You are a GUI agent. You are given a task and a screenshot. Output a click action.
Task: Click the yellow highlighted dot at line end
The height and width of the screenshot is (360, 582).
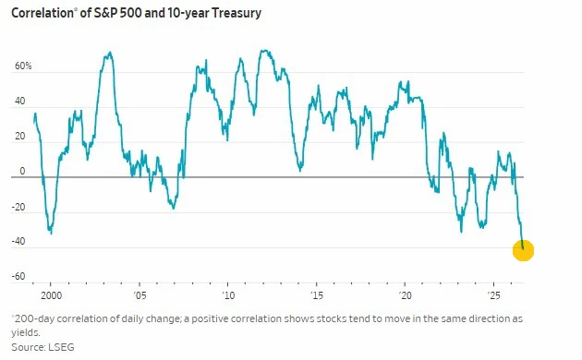[523, 251]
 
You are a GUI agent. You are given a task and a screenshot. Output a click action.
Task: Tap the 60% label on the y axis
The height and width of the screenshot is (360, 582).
[23, 66]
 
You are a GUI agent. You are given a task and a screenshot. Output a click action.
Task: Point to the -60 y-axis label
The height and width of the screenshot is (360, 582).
[18, 276]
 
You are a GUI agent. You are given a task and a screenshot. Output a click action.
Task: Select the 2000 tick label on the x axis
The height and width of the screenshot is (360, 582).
[51, 295]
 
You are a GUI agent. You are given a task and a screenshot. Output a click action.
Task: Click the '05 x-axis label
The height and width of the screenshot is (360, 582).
[139, 295]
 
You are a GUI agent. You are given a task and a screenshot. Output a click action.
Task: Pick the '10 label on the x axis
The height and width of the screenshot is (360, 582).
[228, 295]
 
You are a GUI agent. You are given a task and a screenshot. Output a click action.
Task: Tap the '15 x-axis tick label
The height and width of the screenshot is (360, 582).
[317, 295]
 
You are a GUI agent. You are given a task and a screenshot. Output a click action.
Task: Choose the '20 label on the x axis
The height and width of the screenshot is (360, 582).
[405, 295]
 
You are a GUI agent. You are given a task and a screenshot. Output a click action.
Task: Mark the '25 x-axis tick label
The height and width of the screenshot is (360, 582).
[493, 295]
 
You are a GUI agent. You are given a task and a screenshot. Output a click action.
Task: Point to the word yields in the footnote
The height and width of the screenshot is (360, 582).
[25, 333]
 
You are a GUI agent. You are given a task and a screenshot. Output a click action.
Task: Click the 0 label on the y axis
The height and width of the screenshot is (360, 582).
[23, 171]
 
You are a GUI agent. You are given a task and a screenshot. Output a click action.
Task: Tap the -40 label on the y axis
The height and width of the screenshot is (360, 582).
[18, 241]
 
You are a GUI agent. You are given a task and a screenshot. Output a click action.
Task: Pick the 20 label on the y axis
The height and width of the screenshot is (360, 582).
[19, 136]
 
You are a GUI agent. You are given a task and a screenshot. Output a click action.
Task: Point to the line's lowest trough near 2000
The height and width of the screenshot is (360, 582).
[51, 233]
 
